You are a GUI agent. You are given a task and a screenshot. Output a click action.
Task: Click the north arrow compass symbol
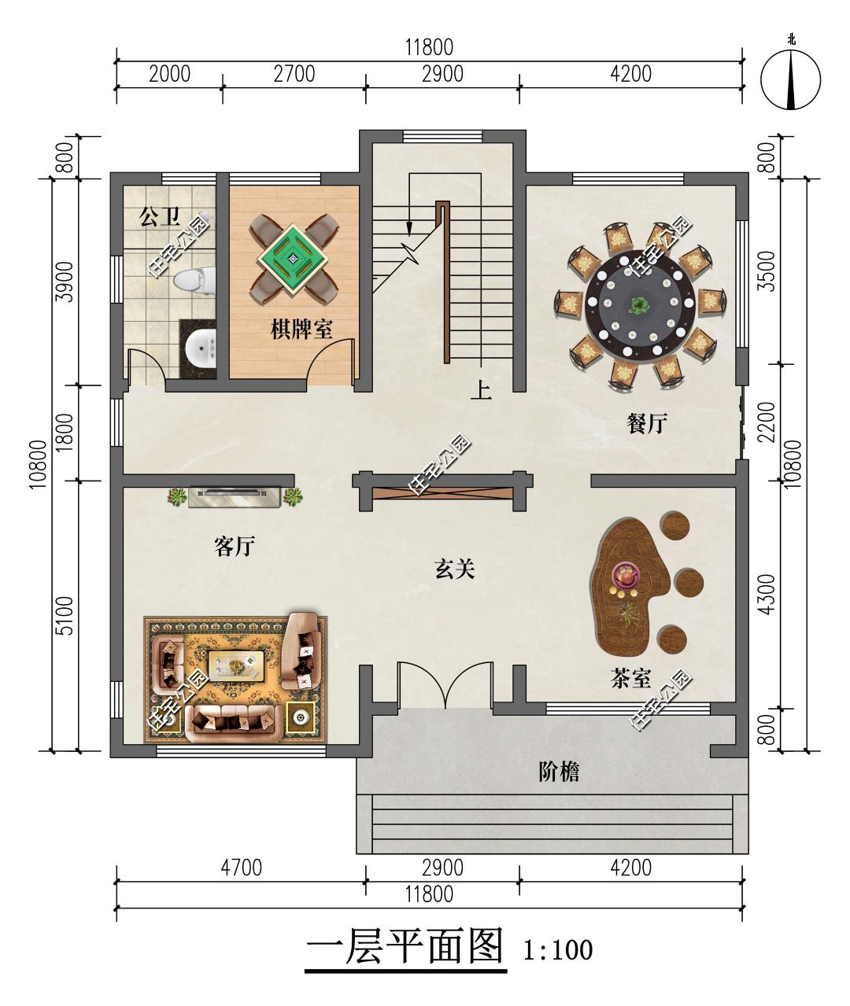791,79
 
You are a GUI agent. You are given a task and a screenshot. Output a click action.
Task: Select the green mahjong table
293,260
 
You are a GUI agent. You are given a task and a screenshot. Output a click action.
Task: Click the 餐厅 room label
647,423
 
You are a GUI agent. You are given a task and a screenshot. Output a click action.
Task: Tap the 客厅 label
235,546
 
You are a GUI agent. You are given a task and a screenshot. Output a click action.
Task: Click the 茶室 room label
630,678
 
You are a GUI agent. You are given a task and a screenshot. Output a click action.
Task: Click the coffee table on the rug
236,667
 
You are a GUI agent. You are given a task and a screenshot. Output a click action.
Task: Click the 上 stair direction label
481,390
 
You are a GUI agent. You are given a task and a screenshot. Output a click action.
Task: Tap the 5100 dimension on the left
65,616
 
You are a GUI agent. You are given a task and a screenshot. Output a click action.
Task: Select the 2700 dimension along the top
294,74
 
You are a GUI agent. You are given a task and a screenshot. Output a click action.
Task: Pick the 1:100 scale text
558,949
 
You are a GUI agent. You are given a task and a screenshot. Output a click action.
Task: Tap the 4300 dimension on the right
767,594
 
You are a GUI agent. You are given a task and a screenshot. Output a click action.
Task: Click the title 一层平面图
405,946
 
